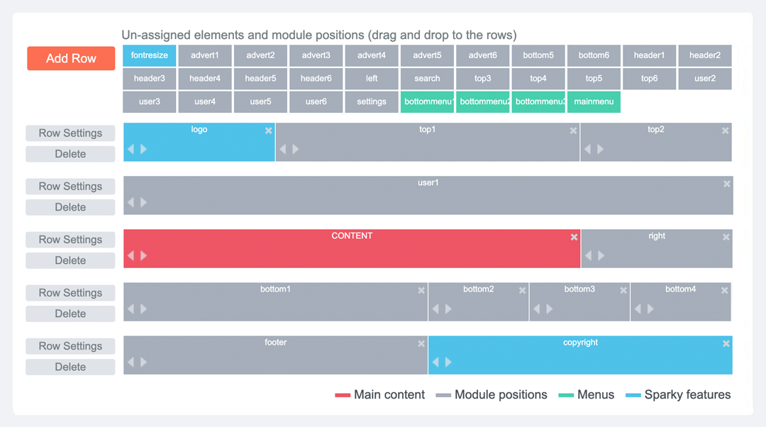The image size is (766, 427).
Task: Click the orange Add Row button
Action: click(x=71, y=59)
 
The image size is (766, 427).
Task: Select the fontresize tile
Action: click(x=150, y=55)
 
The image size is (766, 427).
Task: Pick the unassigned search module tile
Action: click(x=427, y=78)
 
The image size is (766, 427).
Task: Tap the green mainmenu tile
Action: click(x=594, y=101)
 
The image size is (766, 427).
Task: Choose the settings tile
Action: click(x=371, y=101)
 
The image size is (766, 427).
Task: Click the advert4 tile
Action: click(x=371, y=55)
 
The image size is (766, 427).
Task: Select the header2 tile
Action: click(x=705, y=55)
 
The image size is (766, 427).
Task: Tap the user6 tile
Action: click(x=316, y=101)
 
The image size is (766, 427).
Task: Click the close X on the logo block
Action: click(x=268, y=131)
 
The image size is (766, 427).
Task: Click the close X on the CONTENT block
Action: click(x=574, y=237)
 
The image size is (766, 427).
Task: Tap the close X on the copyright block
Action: click(x=726, y=344)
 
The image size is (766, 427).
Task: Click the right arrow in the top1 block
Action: click(x=296, y=149)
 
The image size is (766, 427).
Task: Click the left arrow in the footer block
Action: click(x=131, y=362)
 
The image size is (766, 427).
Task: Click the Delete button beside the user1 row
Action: click(x=70, y=207)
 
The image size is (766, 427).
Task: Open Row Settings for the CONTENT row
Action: click(x=70, y=240)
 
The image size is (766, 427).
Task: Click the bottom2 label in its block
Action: click(x=478, y=289)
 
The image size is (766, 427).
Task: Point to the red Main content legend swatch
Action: click(x=343, y=395)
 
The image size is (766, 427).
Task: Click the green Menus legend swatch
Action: click(x=566, y=395)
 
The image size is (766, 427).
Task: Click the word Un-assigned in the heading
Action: click(x=156, y=35)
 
